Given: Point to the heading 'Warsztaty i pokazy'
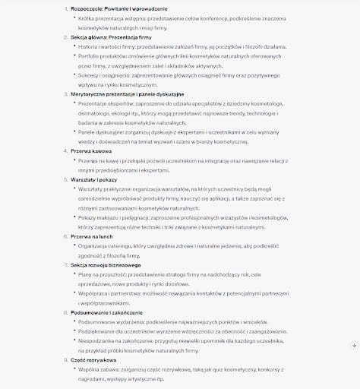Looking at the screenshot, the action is (x=91, y=179).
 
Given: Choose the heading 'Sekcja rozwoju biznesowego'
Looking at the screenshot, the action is (x=101, y=264).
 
